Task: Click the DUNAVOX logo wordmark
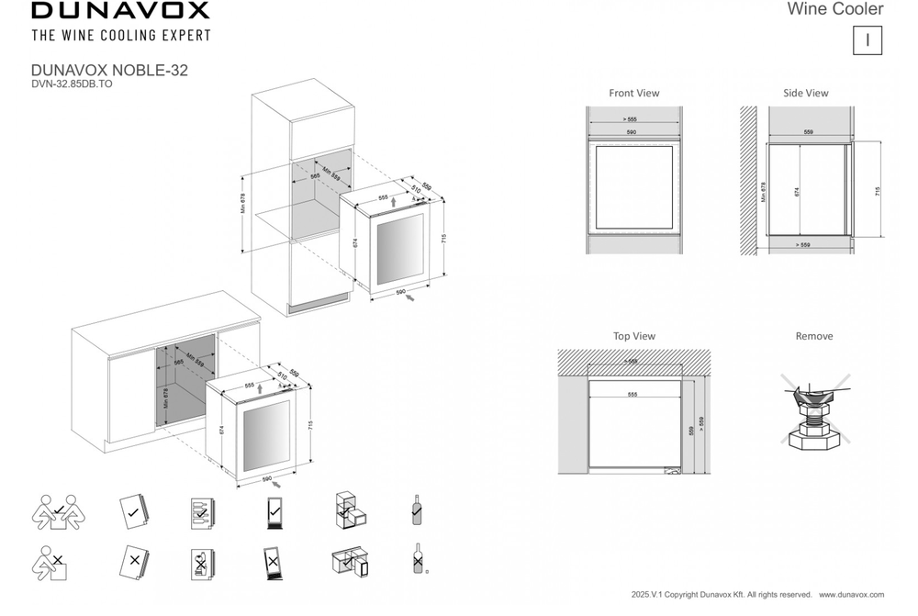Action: (120, 11)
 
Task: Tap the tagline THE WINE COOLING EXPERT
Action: (120, 36)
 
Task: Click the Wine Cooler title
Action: (835, 9)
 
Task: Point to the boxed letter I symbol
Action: (868, 40)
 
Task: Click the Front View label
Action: (633, 93)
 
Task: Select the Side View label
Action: (806, 93)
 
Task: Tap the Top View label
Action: (633, 336)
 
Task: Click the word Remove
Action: (813, 336)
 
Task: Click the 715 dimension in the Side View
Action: (878, 192)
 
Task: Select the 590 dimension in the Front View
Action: (632, 133)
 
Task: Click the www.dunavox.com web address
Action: (851, 596)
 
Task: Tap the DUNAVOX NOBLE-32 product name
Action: (109, 70)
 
